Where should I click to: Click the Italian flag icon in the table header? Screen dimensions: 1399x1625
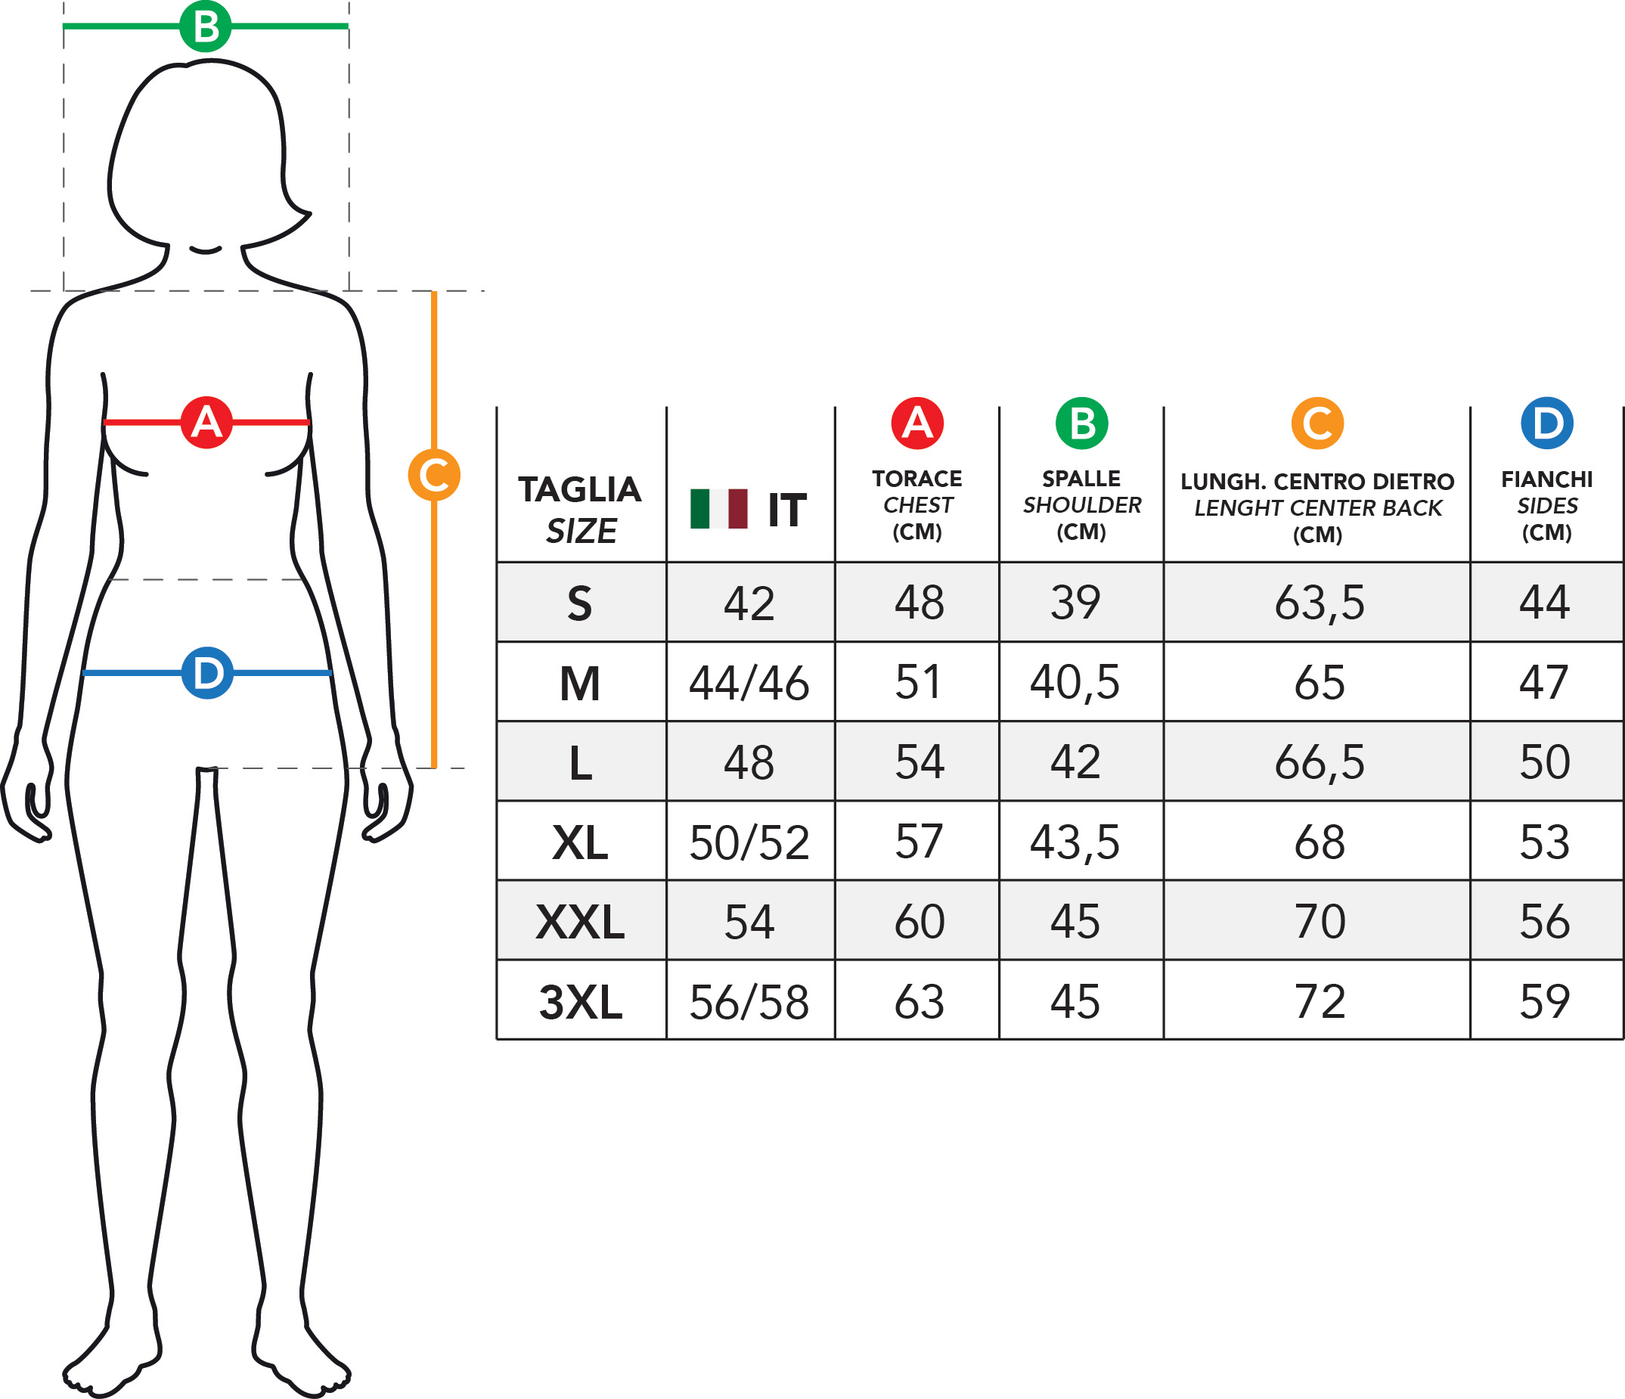coord(718,509)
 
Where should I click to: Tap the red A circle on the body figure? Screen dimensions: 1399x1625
coord(206,423)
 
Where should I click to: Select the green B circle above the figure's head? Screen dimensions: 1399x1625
coord(206,26)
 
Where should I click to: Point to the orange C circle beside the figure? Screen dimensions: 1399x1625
coord(434,474)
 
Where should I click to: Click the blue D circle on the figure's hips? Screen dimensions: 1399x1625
coord(207,673)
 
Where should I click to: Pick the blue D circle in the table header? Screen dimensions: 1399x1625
coord(1546,423)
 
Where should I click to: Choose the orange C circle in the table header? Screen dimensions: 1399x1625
coord(1316,423)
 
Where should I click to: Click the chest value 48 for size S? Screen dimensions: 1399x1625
coord(919,603)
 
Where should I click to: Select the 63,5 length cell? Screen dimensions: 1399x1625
coord(1320,603)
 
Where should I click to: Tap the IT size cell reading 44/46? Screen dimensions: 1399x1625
coord(749,683)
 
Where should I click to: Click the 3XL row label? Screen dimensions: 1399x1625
coord(581,1002)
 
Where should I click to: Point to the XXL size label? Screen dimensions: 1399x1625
coord(581,923)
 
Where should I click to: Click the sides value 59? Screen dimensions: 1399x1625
coord(1544,1001)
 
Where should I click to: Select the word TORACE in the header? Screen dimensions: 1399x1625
coord(916,479)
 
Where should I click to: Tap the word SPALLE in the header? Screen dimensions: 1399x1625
coord(1081,479)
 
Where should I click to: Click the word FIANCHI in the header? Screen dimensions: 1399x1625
coord(1546,479)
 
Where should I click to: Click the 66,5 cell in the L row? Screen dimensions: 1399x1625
coord(1320,762)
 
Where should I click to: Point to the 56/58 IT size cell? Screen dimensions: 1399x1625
coord(749,1002)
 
